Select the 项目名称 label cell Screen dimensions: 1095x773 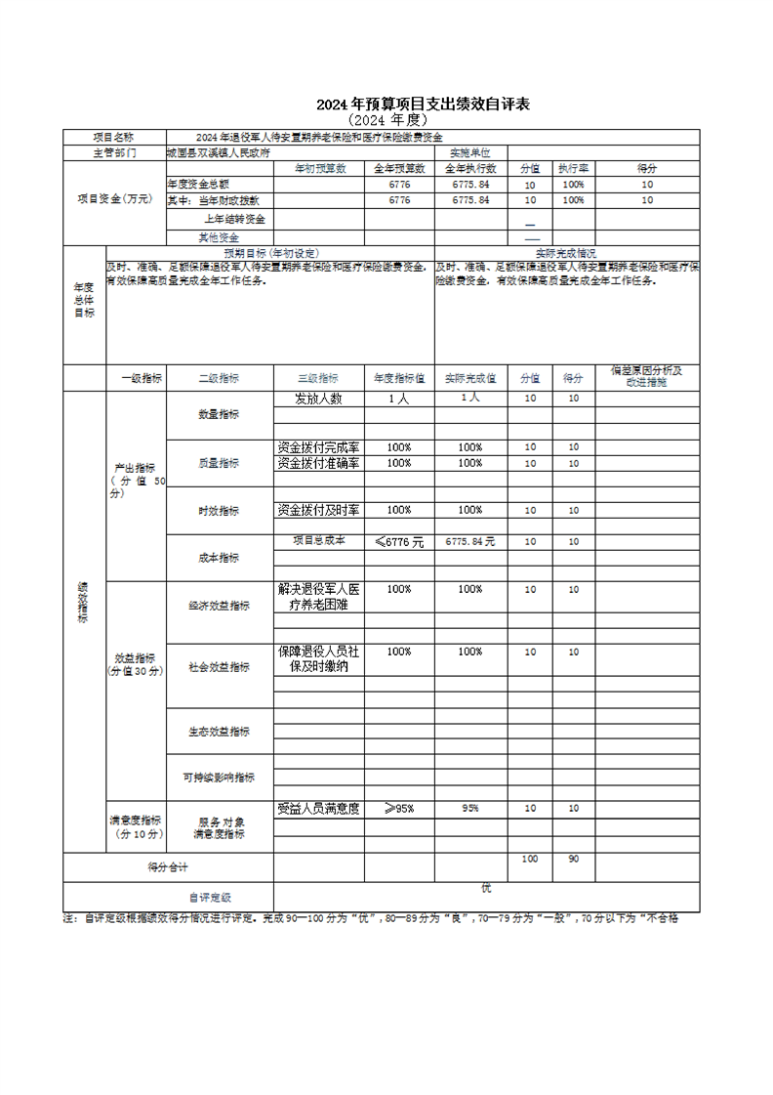(x=114, y=137)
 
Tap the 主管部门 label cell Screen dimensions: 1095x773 (x=114, y=152)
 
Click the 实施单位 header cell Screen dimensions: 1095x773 (x=469, y=152)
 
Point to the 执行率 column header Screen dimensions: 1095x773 (x=573, y=168)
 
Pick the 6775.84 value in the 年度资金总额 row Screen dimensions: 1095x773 (x=470, y=184)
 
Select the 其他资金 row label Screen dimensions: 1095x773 (x=218, y=236)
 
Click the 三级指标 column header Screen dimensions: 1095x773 (x=318, y=378)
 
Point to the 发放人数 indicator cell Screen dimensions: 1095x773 (x=318, y=399)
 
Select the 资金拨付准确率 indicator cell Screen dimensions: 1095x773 (x=318, y=463)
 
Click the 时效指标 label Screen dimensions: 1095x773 (x=219, y=511)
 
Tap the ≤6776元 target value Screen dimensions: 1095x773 (x=398, y=541)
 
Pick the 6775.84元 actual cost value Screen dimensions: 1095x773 (x=470, y=541)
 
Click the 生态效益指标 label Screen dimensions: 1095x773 (x=219, y=731)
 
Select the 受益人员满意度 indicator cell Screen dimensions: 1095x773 (x=318, y=809)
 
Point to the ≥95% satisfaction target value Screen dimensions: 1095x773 (x=398, y=809)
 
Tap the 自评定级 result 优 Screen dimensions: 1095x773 (x=485, y=887)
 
